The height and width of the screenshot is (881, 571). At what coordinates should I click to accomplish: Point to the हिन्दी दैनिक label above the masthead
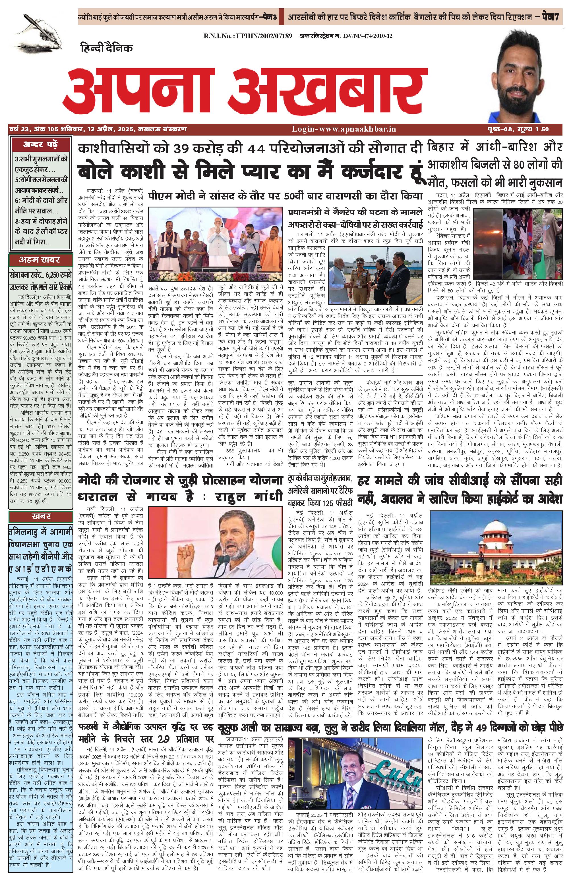tap(106, 48)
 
